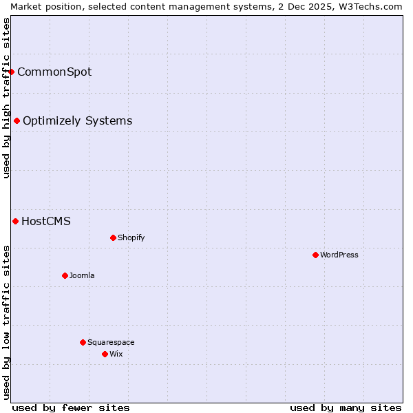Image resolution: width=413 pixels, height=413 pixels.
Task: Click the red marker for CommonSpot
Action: click(11, 72)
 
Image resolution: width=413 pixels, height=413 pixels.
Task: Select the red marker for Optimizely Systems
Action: click(17, 121)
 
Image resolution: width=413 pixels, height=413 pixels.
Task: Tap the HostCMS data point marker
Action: click(15, 221)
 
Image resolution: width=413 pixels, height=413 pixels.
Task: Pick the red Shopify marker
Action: click(113, 237)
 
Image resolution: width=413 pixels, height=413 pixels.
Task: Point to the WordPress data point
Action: click(315, 255)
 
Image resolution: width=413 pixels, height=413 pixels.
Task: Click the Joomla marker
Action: click(65, 275)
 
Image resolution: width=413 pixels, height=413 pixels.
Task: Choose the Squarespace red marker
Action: click(83, 342)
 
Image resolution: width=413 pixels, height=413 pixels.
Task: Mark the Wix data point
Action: click(105, 354)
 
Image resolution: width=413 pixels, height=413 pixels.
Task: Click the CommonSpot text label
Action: click(54, 72)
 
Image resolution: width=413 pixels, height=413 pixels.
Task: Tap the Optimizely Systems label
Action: click(77, 121)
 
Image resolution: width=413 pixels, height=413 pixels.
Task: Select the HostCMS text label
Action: click(46, 221)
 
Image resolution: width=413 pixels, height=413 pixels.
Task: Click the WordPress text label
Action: click(339, 255)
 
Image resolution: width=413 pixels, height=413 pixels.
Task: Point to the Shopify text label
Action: click(131, 237)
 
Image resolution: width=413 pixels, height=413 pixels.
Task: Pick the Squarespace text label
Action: click(111, 342)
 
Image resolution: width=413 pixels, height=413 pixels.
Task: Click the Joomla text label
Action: click(82, 275)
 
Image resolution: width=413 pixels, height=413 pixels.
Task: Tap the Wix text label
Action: click(116, 354)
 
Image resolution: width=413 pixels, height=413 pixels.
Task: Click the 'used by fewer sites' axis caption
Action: click(71, 407)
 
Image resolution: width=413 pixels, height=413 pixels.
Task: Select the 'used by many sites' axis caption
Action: click(346, 407)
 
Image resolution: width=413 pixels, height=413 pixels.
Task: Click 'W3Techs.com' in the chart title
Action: click(375, 6)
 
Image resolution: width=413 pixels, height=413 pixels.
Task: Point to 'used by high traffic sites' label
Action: click(6, 98)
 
